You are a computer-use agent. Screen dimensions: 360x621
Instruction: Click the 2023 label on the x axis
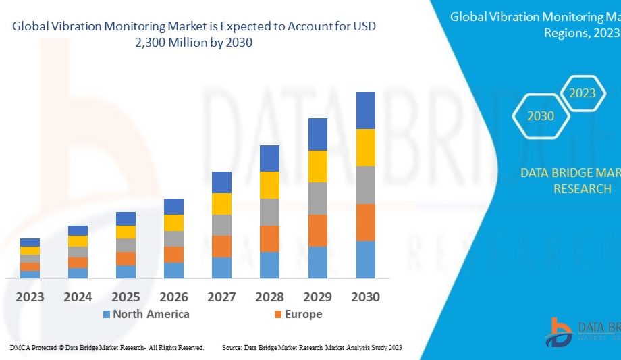click(30, 297)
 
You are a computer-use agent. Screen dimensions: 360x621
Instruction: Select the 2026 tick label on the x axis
click(173, 297)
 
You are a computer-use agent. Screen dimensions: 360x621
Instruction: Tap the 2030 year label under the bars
click(365, 297)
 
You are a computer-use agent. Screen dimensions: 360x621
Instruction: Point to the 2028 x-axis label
click(269, 297)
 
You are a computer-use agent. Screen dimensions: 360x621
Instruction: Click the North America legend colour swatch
click(107, 315)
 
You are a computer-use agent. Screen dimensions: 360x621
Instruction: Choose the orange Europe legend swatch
click(278, 315)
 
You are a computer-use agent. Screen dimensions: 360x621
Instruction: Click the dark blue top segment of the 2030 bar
click(365, 110)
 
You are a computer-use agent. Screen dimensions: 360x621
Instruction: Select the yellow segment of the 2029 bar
click(317, 166)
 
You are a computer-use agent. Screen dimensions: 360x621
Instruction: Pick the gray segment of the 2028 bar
click(269, 211)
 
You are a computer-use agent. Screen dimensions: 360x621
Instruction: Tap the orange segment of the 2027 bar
click(221, 246)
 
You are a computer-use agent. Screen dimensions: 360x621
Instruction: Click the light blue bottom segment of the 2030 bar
click(365, 259)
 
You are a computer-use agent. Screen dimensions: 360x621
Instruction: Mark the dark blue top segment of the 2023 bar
click(30, 242)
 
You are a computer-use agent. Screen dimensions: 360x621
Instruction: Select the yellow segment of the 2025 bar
click(126, 232)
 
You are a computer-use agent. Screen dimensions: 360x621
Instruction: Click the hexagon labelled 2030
click(541, 116)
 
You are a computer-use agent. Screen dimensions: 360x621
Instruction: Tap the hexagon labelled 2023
click(582, 93)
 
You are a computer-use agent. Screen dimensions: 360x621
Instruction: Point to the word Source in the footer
click(232, 347)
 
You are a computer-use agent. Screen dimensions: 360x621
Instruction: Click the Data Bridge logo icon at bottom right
click(559, 332)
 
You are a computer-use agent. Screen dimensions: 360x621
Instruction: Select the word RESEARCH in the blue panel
click(582, 189)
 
